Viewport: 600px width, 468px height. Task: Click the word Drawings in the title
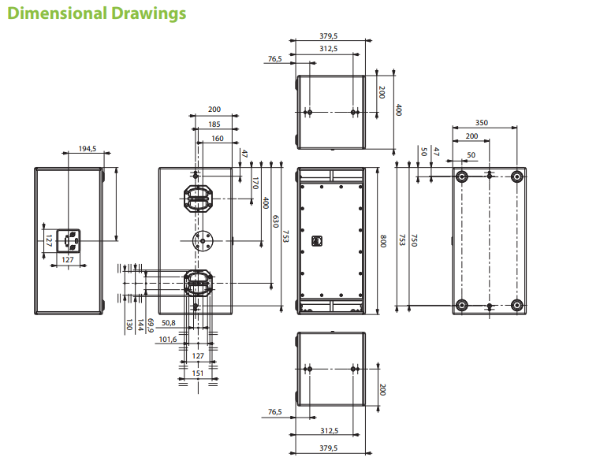pyautogui.click(x=148, y=13)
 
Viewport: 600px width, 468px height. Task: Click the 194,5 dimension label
pyautogui.click(x=88, y=148)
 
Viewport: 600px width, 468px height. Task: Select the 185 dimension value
pyautogui.click(x=214, y=124)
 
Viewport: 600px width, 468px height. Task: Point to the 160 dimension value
pyautogui.click(x=218, y=138)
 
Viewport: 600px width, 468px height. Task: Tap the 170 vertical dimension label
pyautogui.click(x=255, y=183)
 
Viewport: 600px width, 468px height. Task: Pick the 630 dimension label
pyautogui.click(x=275, y=221)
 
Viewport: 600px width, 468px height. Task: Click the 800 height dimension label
pyautogui.click(x=382, y=241)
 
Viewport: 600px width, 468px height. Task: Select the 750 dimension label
pyautogui.click(x=414, y=240)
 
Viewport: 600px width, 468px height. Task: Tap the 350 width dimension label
pyautogui.click(x=482, y=122)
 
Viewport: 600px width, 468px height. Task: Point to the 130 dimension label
pyautogui.click(x=129, y=325)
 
